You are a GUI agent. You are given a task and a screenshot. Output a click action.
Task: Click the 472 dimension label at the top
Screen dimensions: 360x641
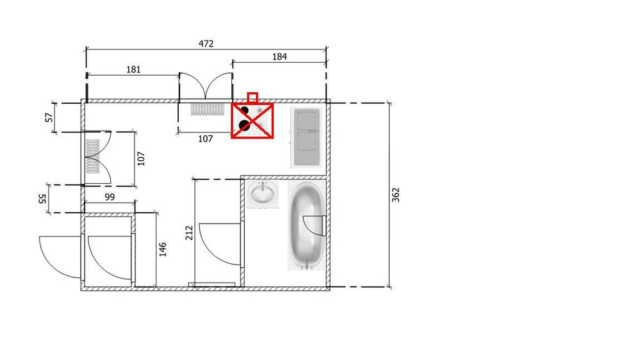coord(206,44)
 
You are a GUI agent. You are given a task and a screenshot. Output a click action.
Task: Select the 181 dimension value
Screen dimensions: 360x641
coord(133,69)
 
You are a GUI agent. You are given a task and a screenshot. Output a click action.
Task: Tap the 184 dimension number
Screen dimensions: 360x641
coord(279,56)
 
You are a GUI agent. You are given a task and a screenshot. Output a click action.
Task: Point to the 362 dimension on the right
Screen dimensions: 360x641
coord(395,194)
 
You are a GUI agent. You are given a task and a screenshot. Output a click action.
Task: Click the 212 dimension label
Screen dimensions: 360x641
coord(189,233)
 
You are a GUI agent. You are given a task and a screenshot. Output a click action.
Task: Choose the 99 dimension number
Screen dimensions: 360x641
coord(110,197)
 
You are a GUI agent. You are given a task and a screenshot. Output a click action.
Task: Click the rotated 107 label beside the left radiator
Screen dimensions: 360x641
coord(142,158)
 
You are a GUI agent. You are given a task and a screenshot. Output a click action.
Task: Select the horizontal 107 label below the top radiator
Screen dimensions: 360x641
coord(205,139)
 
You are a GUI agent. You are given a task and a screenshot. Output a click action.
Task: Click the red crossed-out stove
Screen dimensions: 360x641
coord(253,120)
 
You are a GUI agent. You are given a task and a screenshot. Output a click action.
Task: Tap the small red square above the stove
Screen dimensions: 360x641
coord(253,97)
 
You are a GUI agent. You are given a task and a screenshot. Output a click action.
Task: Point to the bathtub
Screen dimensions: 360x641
coord(307,225)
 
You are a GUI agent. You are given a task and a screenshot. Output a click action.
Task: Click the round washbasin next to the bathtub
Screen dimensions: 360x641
coord(263,193)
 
